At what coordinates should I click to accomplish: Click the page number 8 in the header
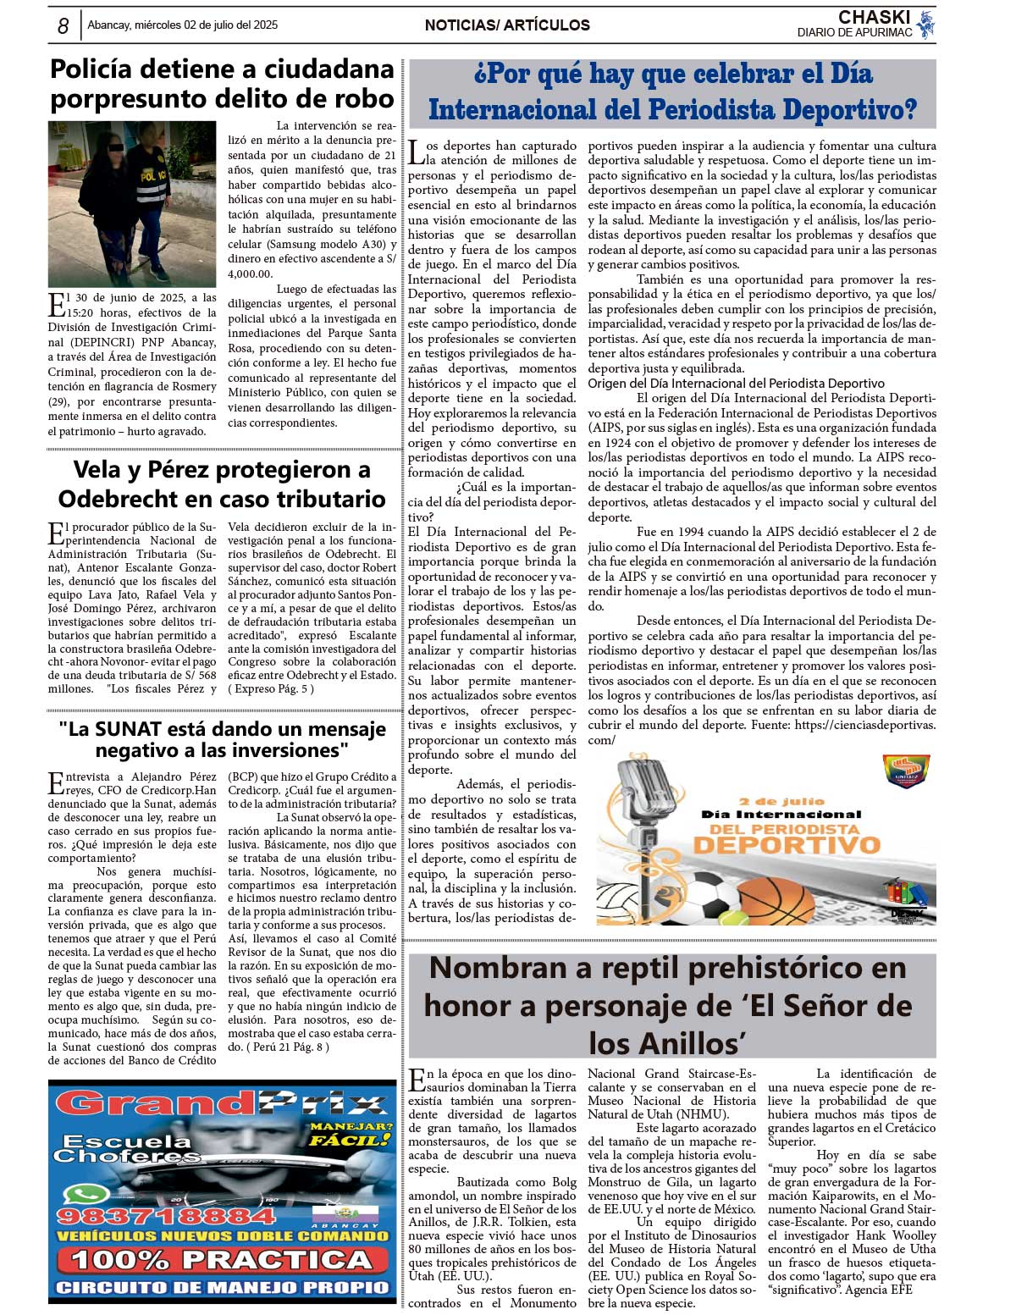pos(63,26)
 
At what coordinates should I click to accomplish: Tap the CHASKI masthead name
pos(874,17)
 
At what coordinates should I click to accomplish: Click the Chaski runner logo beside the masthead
pos(926,25)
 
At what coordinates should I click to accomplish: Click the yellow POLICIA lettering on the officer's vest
pos(153,176)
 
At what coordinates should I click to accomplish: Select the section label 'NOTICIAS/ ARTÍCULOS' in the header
pos(507,25)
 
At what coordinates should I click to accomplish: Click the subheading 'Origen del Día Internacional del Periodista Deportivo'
pos(736,384)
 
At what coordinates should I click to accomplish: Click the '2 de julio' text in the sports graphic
pos(780,801)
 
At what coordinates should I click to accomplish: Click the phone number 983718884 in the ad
pos(166,1217)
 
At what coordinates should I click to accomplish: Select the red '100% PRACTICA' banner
pos(222,1261)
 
